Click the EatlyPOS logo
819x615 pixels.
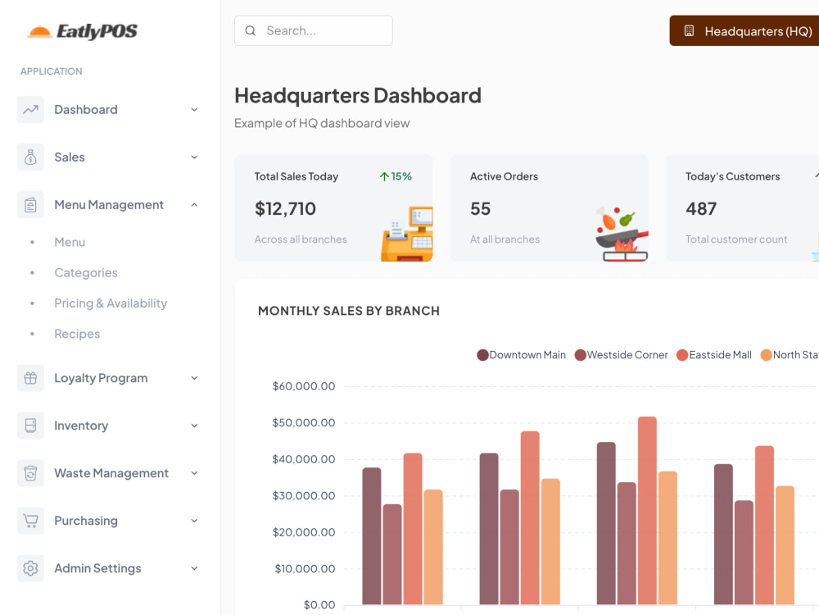point(83,31)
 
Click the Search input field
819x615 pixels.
point(314,31)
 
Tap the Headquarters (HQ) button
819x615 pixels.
point(744,31)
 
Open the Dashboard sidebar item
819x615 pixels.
point(108,110)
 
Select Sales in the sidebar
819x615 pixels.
point(108,157)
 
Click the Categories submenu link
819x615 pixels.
point(86,273)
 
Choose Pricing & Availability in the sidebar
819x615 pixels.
point(111,303)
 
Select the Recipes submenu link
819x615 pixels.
point(77,335)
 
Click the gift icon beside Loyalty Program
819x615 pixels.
point(31,378)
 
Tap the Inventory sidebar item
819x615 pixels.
point(108,426)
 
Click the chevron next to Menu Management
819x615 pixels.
point(194,205)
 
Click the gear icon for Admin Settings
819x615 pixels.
point(31,568)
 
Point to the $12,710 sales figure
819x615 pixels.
point(285,209)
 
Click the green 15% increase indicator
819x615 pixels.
point(396,177)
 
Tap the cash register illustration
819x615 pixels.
point(407,234)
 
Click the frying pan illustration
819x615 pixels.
point(622,234)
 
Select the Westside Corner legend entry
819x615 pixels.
point(622,355)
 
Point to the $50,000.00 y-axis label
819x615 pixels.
point(304,422)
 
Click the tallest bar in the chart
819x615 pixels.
point(647,510)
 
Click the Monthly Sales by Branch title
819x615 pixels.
point(349,311)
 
